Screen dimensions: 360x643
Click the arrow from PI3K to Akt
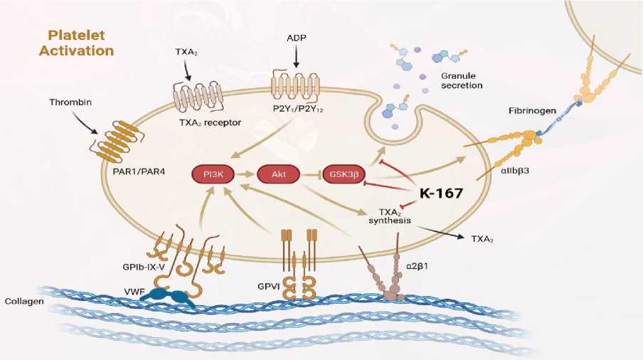point(244,173)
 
